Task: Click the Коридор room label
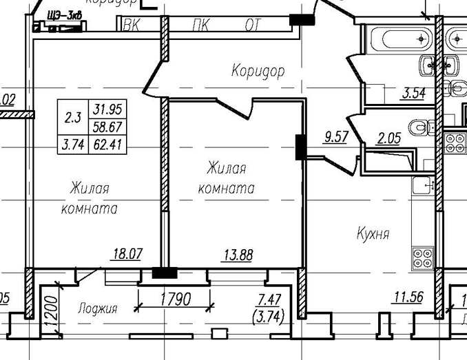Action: (x=258, y=70)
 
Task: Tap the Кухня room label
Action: (x=373, y=233)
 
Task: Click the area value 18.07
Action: (x=127, y=254)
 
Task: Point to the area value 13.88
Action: (x=238, y=255)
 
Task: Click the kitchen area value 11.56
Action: (x=408, y=297)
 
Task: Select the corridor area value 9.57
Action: (x=335, y=136)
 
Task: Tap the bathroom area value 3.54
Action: (x=413, y=93)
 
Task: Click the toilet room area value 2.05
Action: (x=389, y=138)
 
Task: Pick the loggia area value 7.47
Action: (x=269, y=298)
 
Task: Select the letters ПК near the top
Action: (x=202, y=27)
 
